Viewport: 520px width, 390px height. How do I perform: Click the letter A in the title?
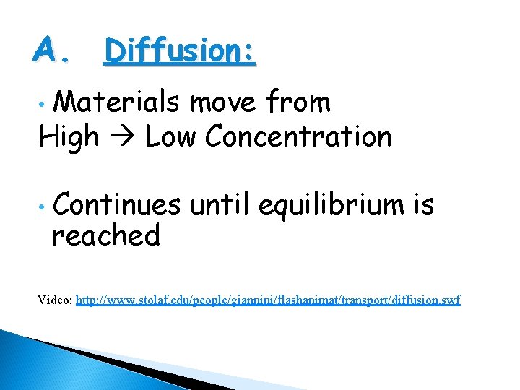click(x=47, y=50)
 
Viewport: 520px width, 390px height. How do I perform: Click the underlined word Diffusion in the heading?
click(x=173, y=51)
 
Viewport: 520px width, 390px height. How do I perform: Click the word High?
click(x=69, y=136)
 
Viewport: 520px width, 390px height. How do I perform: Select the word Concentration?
click(x=298, y=136)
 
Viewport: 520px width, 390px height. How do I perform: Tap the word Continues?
click(x=116, y=205)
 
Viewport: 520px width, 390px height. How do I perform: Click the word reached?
click(x=105, y=235)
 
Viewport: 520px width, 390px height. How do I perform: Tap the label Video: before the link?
click(x=56, y=299)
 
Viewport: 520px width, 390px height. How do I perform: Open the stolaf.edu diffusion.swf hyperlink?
click(x=268, y=300)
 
